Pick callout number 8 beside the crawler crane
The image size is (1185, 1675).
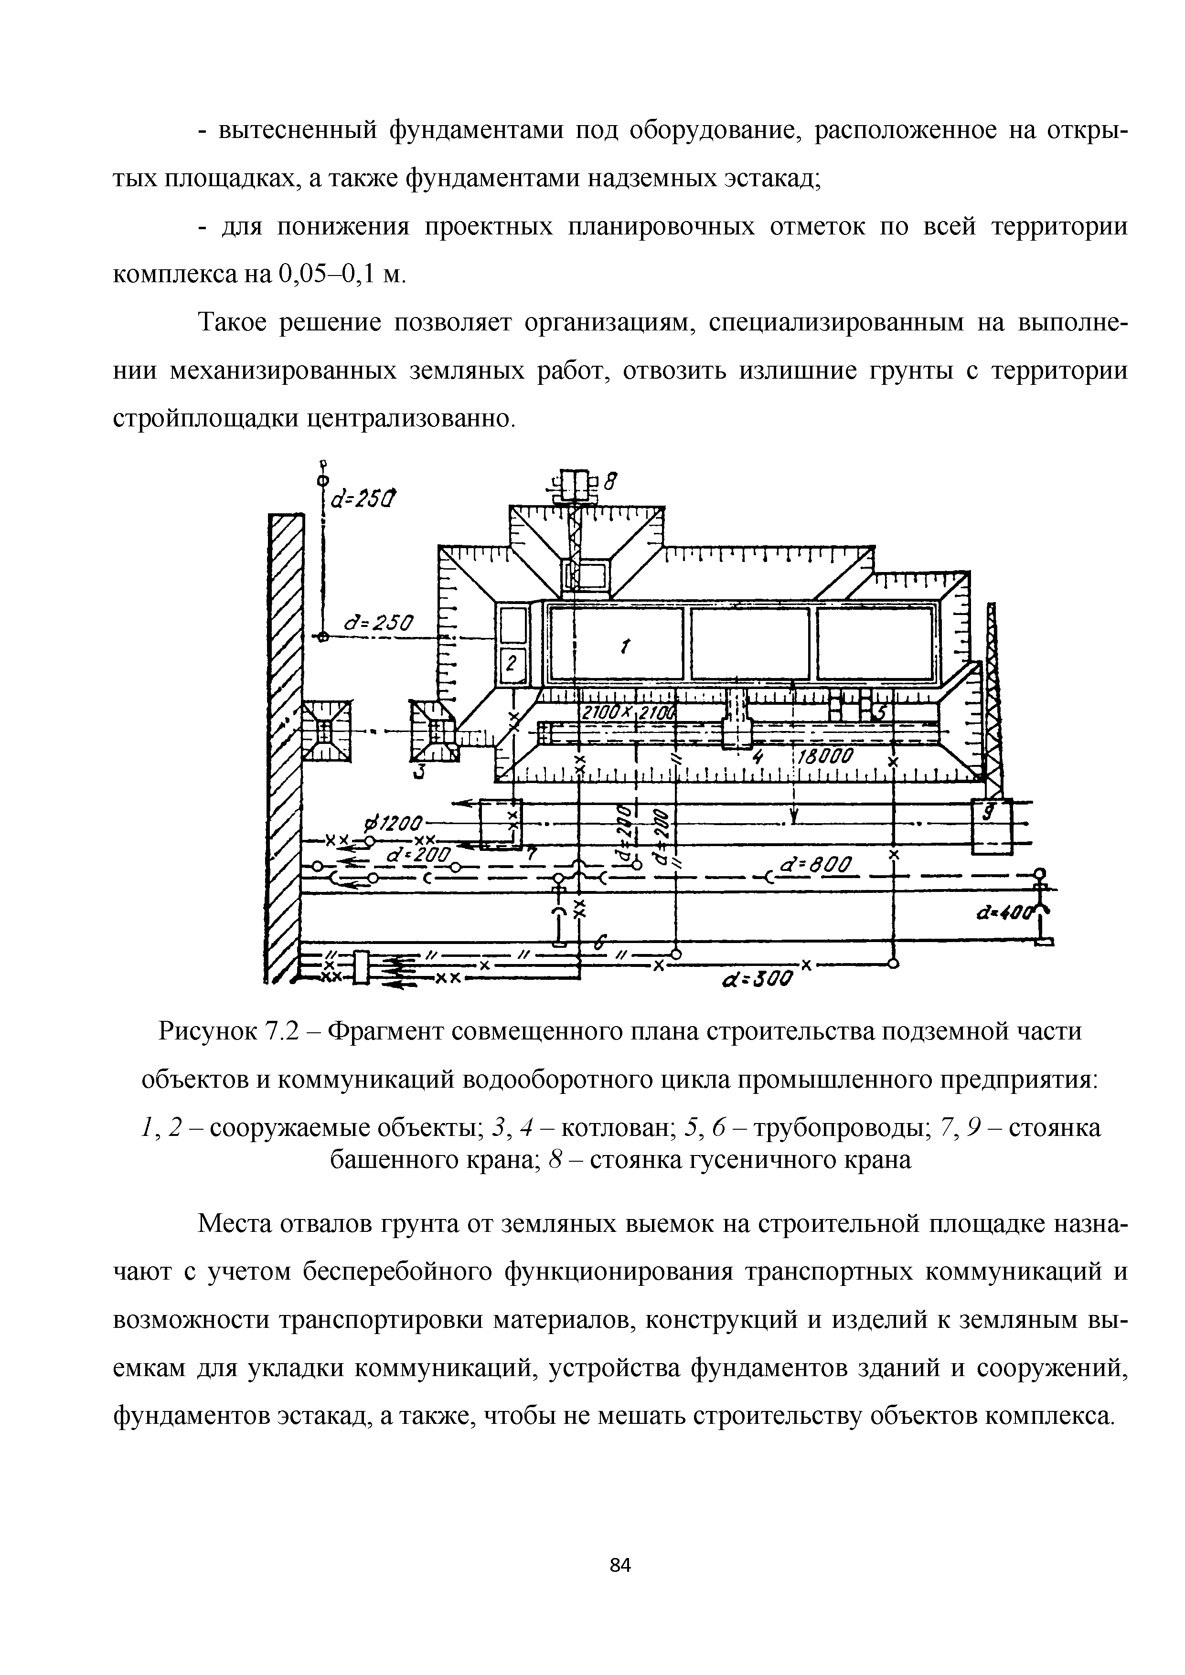[613, 481]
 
